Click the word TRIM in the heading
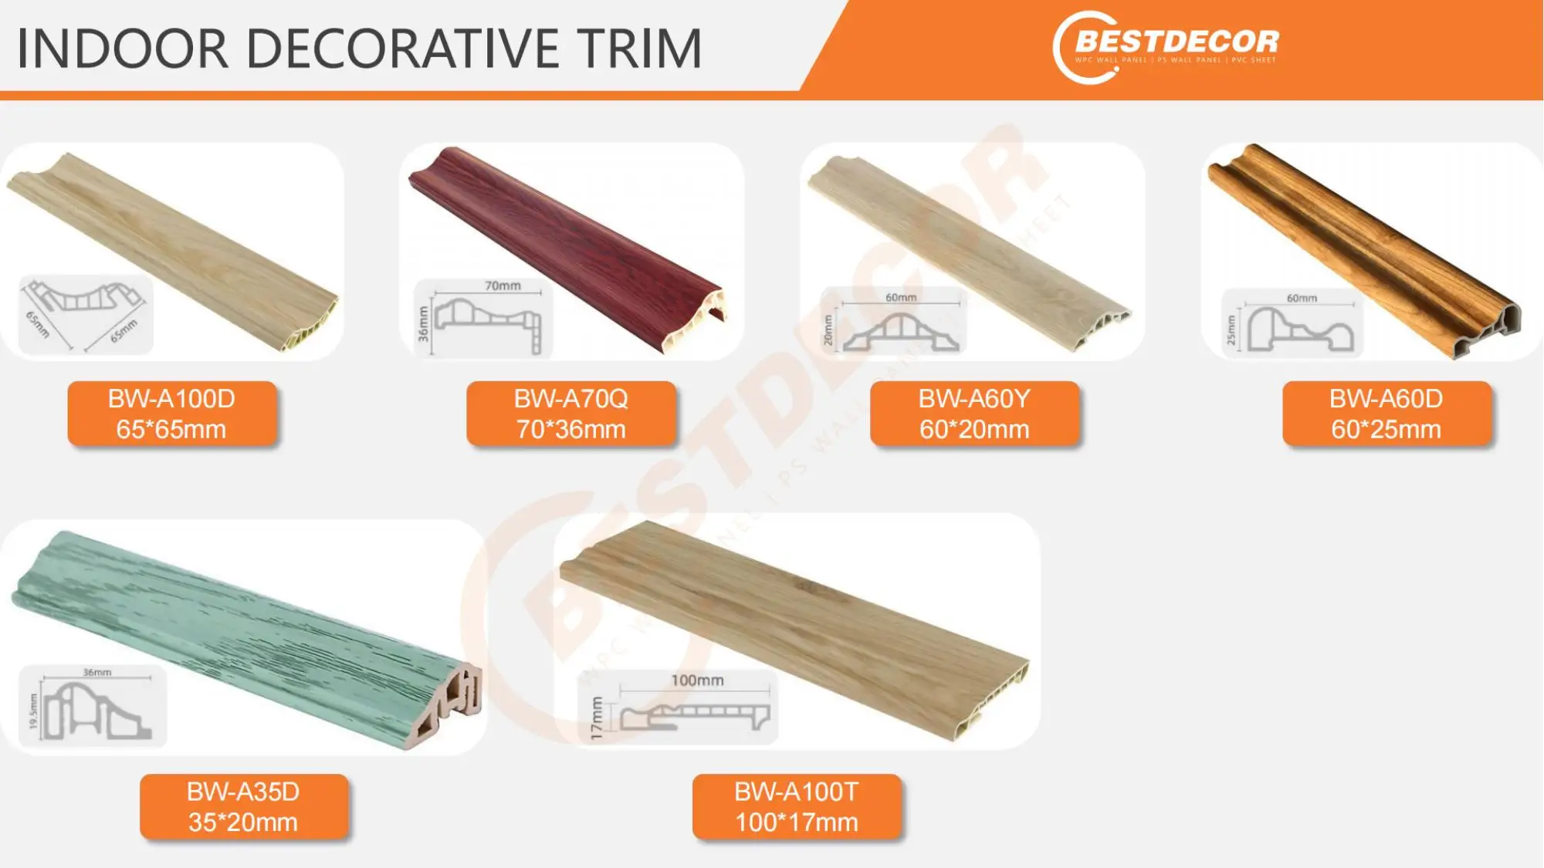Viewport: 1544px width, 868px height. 640,49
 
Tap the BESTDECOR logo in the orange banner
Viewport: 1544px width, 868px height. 1166,46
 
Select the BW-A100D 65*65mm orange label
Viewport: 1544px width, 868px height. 171,414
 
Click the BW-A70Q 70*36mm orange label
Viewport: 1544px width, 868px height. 571,414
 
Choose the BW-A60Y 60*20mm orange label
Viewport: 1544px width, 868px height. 974,414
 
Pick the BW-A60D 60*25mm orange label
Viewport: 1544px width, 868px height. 1387,414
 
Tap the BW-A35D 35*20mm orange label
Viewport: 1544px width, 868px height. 243,807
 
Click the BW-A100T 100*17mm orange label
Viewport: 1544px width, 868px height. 796,807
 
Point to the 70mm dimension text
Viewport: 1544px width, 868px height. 503,285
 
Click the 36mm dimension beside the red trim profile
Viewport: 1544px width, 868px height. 423,323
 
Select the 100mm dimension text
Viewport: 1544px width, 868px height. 697,681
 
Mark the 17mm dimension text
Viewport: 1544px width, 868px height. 596,718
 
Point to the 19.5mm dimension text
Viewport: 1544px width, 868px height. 32,711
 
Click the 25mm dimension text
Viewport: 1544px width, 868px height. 1231,329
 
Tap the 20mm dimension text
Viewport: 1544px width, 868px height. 828,330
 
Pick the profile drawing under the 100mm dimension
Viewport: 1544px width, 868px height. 695,717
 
